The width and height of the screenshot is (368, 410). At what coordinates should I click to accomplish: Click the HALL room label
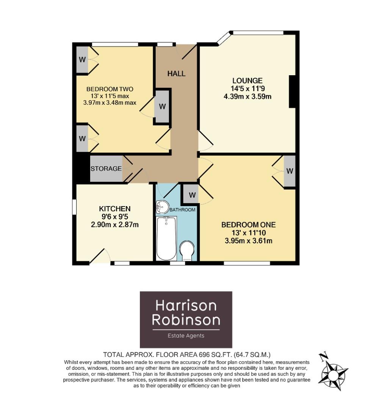click(x=177, y=73)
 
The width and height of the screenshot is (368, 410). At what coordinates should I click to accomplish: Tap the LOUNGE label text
click(x=247, y=81)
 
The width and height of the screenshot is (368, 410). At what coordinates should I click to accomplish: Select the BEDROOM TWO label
click(x=110, y=89)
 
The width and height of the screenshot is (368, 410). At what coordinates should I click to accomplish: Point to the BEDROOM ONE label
click(x=249, y=225)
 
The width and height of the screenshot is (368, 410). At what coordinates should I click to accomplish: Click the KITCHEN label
click(x=114, y=209)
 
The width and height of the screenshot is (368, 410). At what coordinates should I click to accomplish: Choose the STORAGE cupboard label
click(x=106, y=169)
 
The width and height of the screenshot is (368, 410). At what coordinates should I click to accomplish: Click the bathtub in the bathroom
click(x=166, y=238)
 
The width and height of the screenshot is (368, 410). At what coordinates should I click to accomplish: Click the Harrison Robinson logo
click(x=186, y=320)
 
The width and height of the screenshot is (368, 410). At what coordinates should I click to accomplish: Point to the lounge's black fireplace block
click(x=292, y=91)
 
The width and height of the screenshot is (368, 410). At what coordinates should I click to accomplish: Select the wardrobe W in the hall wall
click(x=162, y=107)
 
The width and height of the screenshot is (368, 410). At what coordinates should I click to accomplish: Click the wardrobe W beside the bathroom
click(x=192, y=195)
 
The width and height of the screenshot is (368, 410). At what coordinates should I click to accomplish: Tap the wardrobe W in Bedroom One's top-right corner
click(x=290, y=171)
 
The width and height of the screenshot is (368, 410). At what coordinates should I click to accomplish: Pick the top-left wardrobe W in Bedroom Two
click(x=82, y=60)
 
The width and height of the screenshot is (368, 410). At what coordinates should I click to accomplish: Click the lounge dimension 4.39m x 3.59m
click(x=247, y=96)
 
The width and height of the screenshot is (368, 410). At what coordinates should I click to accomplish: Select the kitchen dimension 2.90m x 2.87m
click(x=114, y=224)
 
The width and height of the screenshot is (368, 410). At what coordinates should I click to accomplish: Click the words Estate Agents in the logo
click(x=186, y=336)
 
